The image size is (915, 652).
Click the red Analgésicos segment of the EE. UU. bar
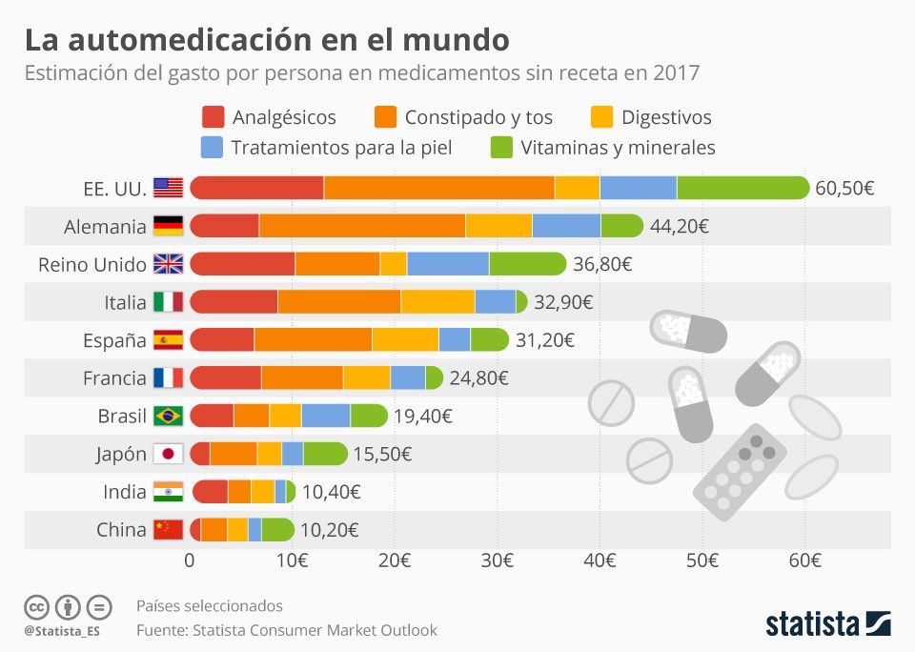[x=257, y=188]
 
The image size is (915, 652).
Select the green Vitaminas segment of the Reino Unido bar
[x=527, y=264]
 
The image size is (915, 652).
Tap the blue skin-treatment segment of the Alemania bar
[x=566, y=226]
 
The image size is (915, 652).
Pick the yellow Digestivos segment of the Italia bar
[x=437, y=302]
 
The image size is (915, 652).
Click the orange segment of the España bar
[x=313, y=340]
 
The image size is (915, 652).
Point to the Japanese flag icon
[x=169, y=455]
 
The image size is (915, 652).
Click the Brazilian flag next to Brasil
[x=169, y=417]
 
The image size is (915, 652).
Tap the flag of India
[x=169, y=493]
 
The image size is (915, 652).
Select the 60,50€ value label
[x=844, y=188]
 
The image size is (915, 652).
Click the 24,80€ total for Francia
[x=478, y=378]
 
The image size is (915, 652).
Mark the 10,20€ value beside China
[x=330, y=530]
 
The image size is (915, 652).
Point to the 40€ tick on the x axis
[x=600, y=560]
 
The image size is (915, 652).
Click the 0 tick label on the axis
[x=190, y=560]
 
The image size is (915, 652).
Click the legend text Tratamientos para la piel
[x=341, y=148]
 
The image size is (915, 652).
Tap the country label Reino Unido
[x=91, y=264]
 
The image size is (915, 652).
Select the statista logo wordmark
[x=812, y=625]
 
